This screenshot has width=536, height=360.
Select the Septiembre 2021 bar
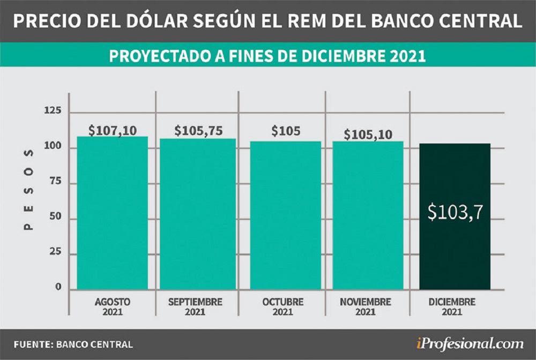tap(198, 214)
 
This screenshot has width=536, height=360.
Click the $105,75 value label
tap(198, 131)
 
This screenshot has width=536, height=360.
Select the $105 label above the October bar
tap(285, 131)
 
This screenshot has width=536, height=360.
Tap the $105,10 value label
tap(368, 134)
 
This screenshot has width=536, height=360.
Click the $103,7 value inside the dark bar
tap(455, 213)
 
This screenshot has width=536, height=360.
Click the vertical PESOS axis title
tap(29, 190)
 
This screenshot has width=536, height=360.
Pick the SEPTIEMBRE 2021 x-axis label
tap(195, 306)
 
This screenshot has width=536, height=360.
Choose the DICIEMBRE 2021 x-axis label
tap(452, 306)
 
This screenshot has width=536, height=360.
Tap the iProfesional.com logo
tap(471, 343)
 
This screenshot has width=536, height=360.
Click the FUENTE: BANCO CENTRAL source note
tap(73, 344)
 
